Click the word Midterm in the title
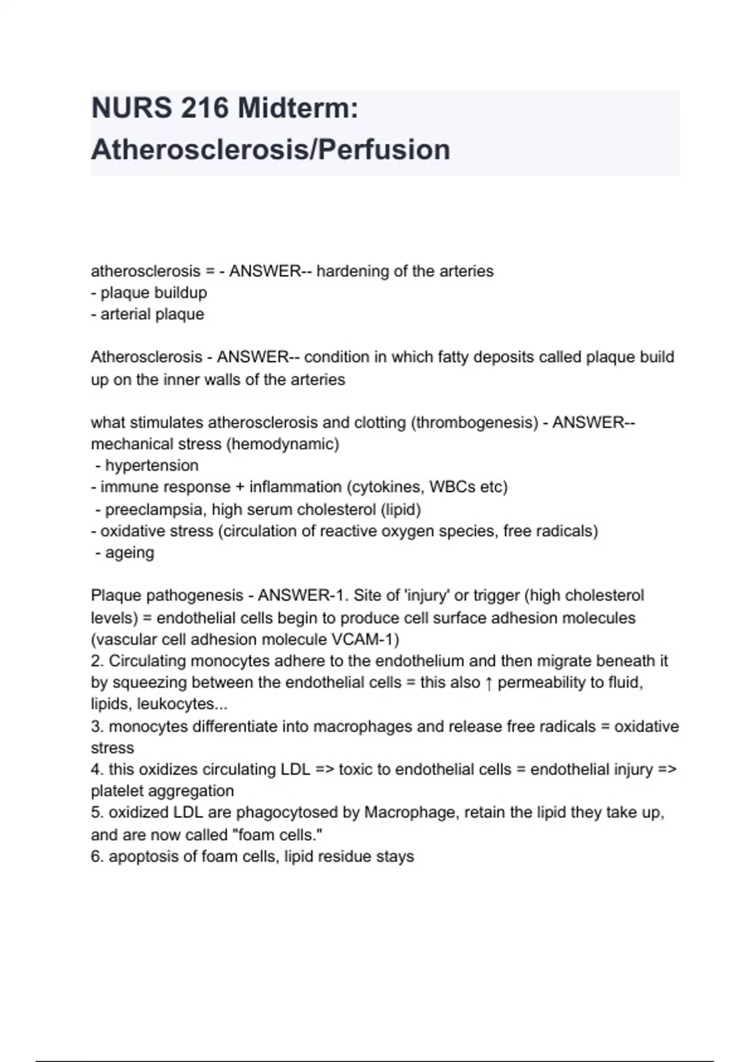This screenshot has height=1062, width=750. [x=297, y=109]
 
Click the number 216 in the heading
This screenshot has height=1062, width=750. [x=205, y=109]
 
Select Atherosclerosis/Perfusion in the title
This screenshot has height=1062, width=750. [x=271, y=150]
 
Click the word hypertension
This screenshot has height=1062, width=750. [x=152, y=465]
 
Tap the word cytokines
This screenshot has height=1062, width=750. [x=389, y=487]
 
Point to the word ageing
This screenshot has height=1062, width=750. [x=129, y=553]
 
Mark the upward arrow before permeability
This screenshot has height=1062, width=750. [x=489, y=683]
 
